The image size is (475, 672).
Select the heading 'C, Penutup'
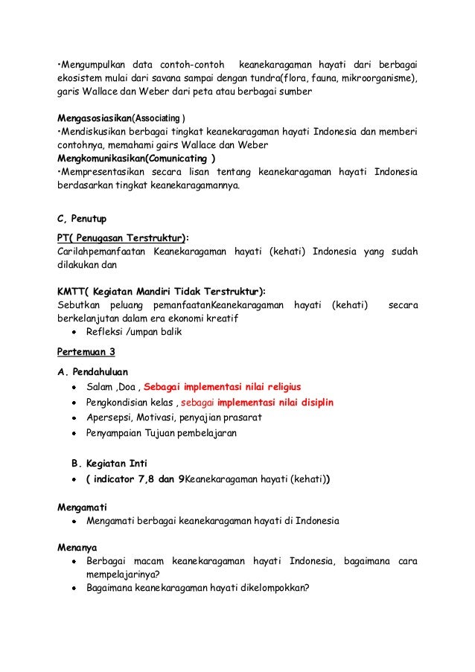coord(82,219)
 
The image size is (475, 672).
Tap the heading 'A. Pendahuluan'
coord(92,371)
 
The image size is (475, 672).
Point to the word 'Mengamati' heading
coord(81,505)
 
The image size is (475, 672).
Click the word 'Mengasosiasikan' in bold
coord(94,118)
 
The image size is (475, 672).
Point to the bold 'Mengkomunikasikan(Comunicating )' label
coord(137,158)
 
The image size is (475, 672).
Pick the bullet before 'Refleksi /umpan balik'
coord(75,333)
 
